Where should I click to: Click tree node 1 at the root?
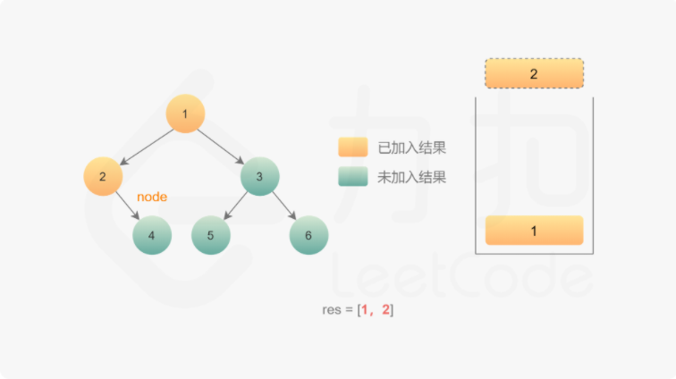tap(185, 114)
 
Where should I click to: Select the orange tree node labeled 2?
tap(103, 176)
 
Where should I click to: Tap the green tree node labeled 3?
tap(259, 176)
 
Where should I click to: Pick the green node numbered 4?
tap(152, 236)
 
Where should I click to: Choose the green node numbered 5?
tap(211, 236)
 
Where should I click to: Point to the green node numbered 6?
tap(308, 236)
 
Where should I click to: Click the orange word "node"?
tap(152, 196)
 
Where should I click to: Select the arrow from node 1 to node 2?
tap(145, 145)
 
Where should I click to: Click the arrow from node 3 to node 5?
tap(235, 206)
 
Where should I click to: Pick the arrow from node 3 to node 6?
tap(284, 206)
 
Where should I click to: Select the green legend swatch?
tap(353, 177)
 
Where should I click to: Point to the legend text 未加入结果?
tap(412, 177)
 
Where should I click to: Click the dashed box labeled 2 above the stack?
tap(534, 73)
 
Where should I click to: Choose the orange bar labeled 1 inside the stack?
tap(534, 231)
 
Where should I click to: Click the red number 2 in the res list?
tap(386, 310)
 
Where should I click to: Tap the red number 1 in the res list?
tap(365, 310)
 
